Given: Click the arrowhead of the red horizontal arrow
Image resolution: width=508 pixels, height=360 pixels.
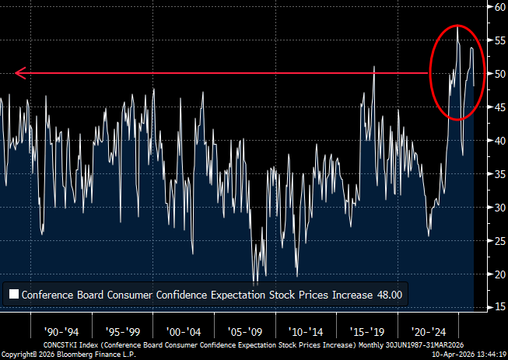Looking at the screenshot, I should (x=19, y=74).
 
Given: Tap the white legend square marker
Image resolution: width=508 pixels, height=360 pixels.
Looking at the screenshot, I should (x=14, y=295).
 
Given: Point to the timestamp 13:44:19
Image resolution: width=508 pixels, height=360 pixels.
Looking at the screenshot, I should (x=490, y=354).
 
